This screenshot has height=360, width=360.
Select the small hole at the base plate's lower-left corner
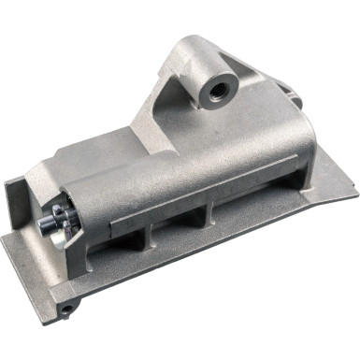pos(66,307)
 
